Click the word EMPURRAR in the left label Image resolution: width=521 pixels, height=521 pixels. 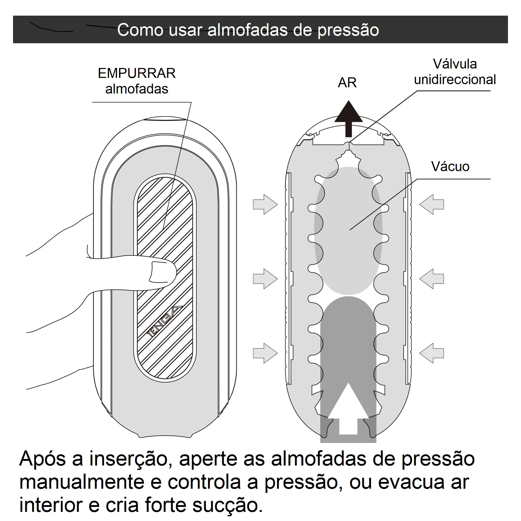coord(137,73)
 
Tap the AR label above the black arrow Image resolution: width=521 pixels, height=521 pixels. coord(347,83)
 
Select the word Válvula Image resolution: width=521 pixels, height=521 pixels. coord(455,64)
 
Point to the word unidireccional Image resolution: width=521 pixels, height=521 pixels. coord(455,79)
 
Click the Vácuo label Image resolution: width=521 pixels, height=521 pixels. coord(450,166)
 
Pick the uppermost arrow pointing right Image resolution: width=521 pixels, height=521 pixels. coord(265,204)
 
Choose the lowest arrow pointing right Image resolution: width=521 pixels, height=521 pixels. coord(265,353)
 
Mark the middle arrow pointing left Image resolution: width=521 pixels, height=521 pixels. coord(431,279)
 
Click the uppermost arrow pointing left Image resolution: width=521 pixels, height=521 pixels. coord(431,204)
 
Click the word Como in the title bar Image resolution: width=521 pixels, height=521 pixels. coord(140,30)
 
